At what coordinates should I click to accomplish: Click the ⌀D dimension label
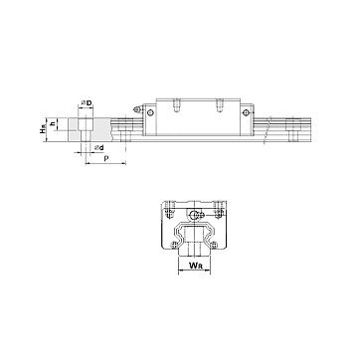[x=87, y=103]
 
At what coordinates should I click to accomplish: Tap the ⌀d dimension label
[x=99, y=147]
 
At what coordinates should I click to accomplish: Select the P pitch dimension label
[x=106, y=158]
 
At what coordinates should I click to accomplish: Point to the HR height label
[x=42, y=130]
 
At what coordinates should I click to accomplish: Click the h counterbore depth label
[x=52, y=124]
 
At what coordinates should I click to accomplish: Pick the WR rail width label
[x=194, y=266]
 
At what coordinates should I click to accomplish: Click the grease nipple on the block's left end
[x=137, y=109]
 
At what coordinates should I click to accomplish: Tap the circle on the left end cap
[x=150, y=112]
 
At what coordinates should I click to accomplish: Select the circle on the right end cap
[x=246, y=113]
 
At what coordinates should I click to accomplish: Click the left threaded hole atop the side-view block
[x=177, y=105]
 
